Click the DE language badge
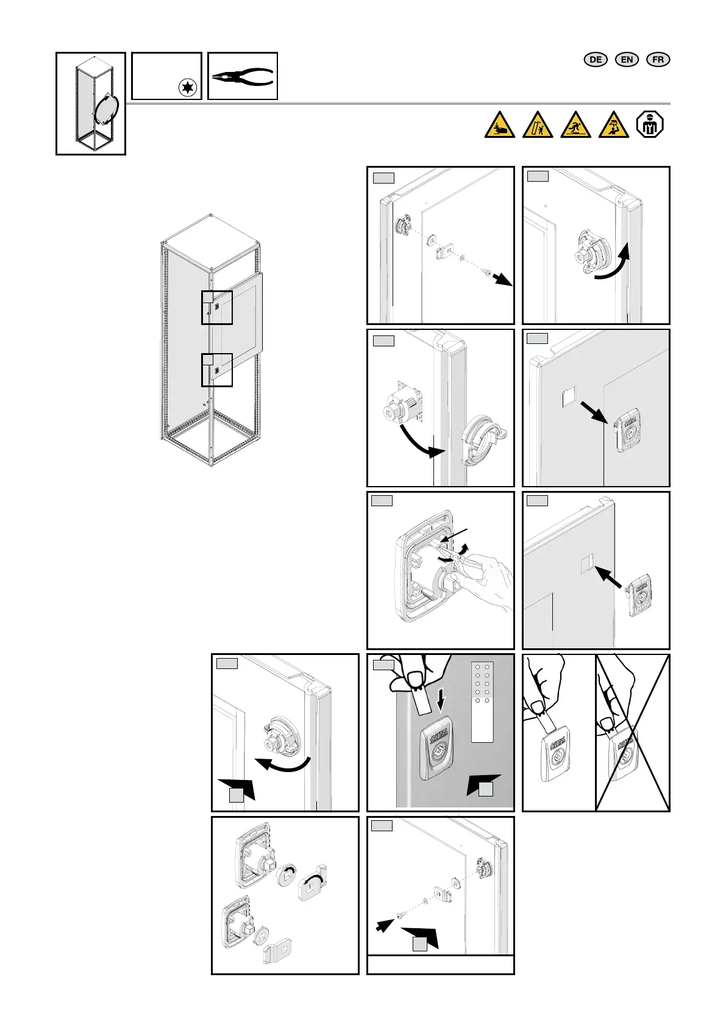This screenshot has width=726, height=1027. tap(596, 59)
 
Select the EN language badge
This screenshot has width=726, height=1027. tap(627, 59)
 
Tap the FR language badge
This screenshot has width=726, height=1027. tap(658, 59)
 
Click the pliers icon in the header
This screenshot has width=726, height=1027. tap(243, 77)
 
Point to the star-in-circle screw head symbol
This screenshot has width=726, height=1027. tap(188, 88)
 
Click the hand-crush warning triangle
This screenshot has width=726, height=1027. tap(500, 125)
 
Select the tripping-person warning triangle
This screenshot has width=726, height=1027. tap(575, 125)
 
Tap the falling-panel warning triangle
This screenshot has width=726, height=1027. tap(538, 125)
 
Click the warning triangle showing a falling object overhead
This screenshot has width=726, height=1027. tap(613, 125)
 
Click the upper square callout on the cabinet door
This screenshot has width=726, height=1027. tap(217, 307)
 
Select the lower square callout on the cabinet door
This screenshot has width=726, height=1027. tap(217, 370)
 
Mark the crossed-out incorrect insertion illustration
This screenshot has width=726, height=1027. tap(632, 732)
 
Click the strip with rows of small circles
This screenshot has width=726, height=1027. tap(482, 701)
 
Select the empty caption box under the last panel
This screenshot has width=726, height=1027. tap(440, 964)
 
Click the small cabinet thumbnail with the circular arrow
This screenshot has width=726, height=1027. tap(91, 103)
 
